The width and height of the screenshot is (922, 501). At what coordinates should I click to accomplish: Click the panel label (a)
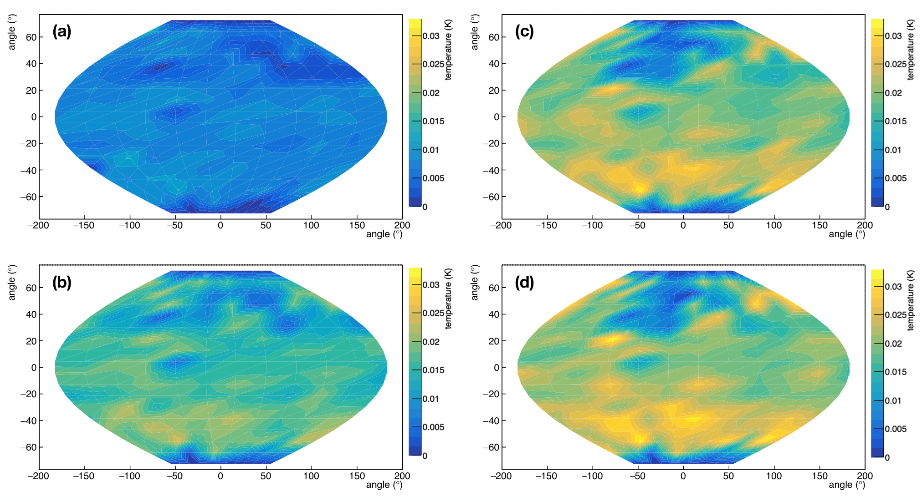62,31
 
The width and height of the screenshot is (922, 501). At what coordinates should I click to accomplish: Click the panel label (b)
62,283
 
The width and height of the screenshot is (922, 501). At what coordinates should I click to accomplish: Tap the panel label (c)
524,31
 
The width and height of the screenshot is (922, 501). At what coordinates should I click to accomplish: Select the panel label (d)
524,283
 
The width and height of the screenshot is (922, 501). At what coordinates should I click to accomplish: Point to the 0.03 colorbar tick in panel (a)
431,36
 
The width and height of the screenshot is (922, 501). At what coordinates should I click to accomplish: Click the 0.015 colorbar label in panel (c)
896,121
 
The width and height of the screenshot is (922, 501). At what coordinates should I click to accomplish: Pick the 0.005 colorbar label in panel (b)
433,427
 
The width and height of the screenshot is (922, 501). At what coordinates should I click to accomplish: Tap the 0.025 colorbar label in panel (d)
896,315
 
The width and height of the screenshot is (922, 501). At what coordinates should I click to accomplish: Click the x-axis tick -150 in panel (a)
84,225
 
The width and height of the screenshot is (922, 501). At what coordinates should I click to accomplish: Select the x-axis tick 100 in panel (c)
774,225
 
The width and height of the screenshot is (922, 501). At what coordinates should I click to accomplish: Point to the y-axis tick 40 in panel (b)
31,314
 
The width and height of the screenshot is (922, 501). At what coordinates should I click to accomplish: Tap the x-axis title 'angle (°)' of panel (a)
384,234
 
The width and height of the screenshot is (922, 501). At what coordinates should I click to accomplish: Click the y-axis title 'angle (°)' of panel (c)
475,32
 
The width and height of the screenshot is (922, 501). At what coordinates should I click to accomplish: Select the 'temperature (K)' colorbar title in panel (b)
448,299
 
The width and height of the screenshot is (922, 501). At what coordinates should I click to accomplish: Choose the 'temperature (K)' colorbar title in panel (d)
911,300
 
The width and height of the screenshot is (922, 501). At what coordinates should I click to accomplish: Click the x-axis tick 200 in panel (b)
402,476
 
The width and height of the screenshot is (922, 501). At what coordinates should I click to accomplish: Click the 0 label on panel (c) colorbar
887,207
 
